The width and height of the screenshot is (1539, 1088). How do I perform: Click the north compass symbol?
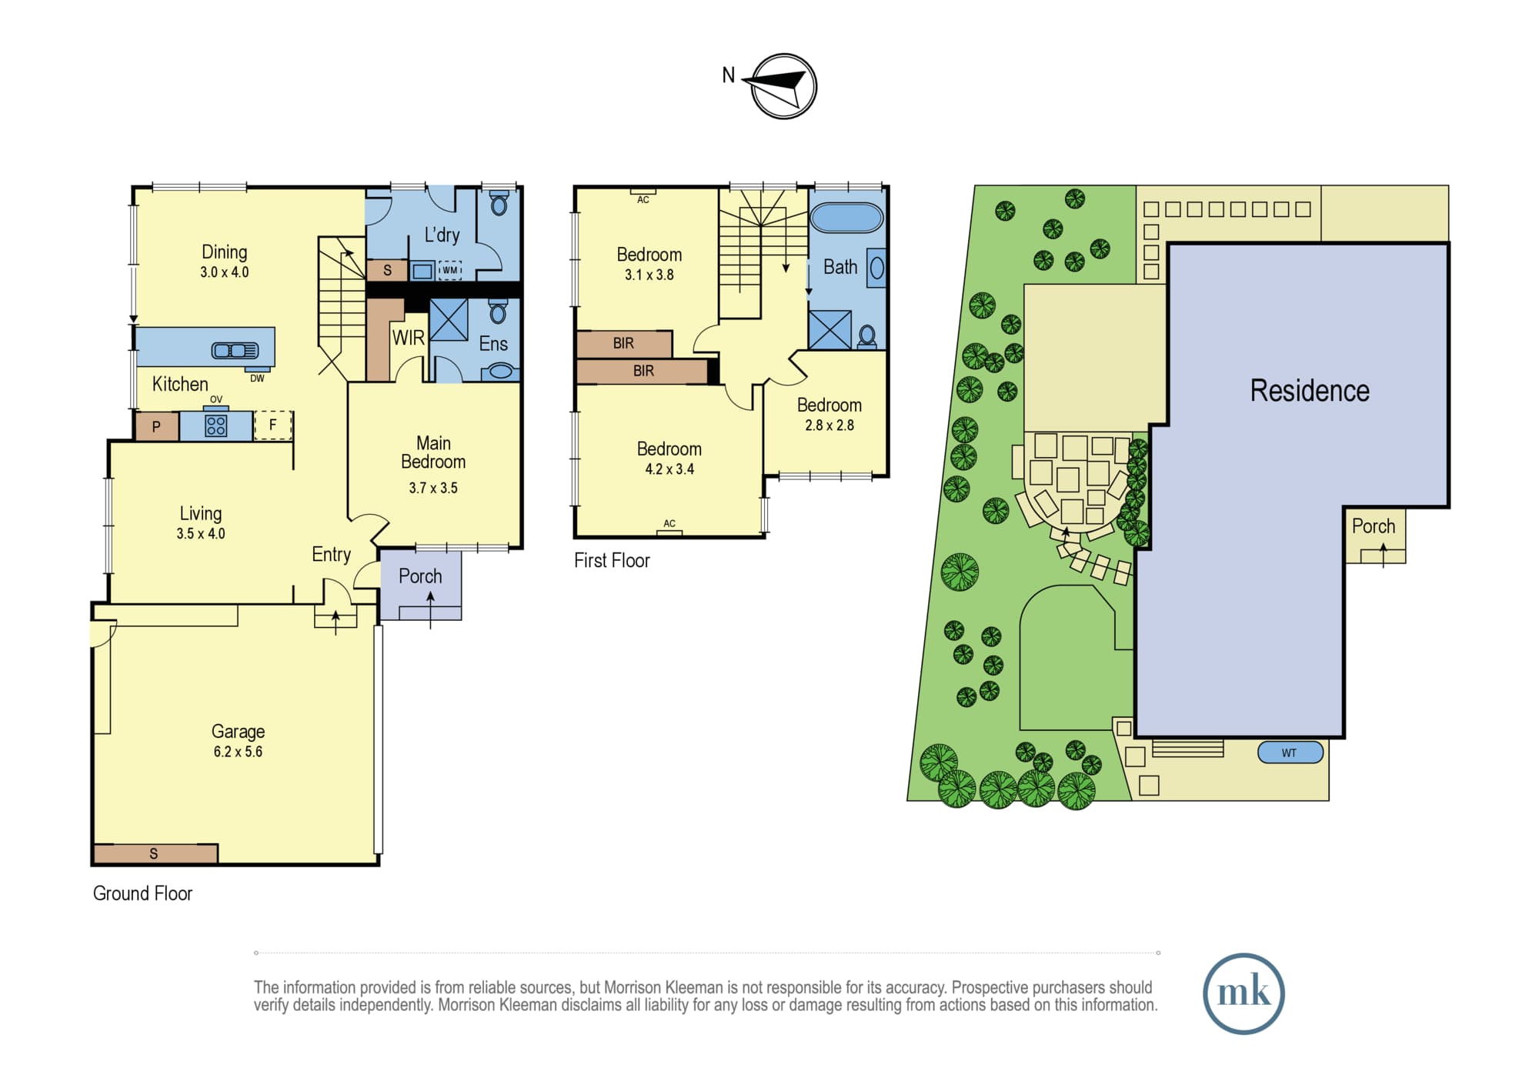click(x=783, y=86)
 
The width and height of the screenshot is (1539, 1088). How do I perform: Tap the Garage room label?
click(x=238, y=732)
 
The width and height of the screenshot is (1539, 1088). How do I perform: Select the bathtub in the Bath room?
click(x=846, y=218)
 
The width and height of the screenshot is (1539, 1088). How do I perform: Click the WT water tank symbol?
click(x=1290, y=753)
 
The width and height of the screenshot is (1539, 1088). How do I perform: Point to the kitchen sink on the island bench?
click(x=235, y=351)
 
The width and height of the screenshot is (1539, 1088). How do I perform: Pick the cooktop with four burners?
click(x=216, y=426)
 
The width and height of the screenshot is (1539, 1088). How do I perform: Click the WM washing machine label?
click(x=449, y=270)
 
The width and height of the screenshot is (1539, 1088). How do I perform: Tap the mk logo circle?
click(x=1244, y=993)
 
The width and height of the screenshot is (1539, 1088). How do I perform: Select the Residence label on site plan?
click(x=1310, y=391)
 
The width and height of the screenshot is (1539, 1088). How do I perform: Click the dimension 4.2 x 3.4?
click(x=669, y=469)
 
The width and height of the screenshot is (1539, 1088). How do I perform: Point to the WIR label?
click(x=408, y=338)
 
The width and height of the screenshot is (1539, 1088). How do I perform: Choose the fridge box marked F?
click(x=272, y=425)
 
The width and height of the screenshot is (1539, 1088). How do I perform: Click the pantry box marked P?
click(x=156, y=427)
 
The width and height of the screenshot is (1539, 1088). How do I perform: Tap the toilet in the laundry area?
click(x=499, y=203)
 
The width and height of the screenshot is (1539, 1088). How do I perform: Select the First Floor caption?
click(x=612, y=561)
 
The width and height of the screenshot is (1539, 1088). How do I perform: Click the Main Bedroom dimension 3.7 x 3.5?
click(x=433, y=488)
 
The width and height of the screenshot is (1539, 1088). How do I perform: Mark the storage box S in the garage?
click(x=155, y=853)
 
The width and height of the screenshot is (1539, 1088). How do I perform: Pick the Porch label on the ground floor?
click(x=420, y=576)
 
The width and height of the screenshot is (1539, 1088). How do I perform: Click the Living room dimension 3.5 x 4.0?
click(x=201, y=534)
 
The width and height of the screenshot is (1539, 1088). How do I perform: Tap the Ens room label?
click(x=493, y=344)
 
